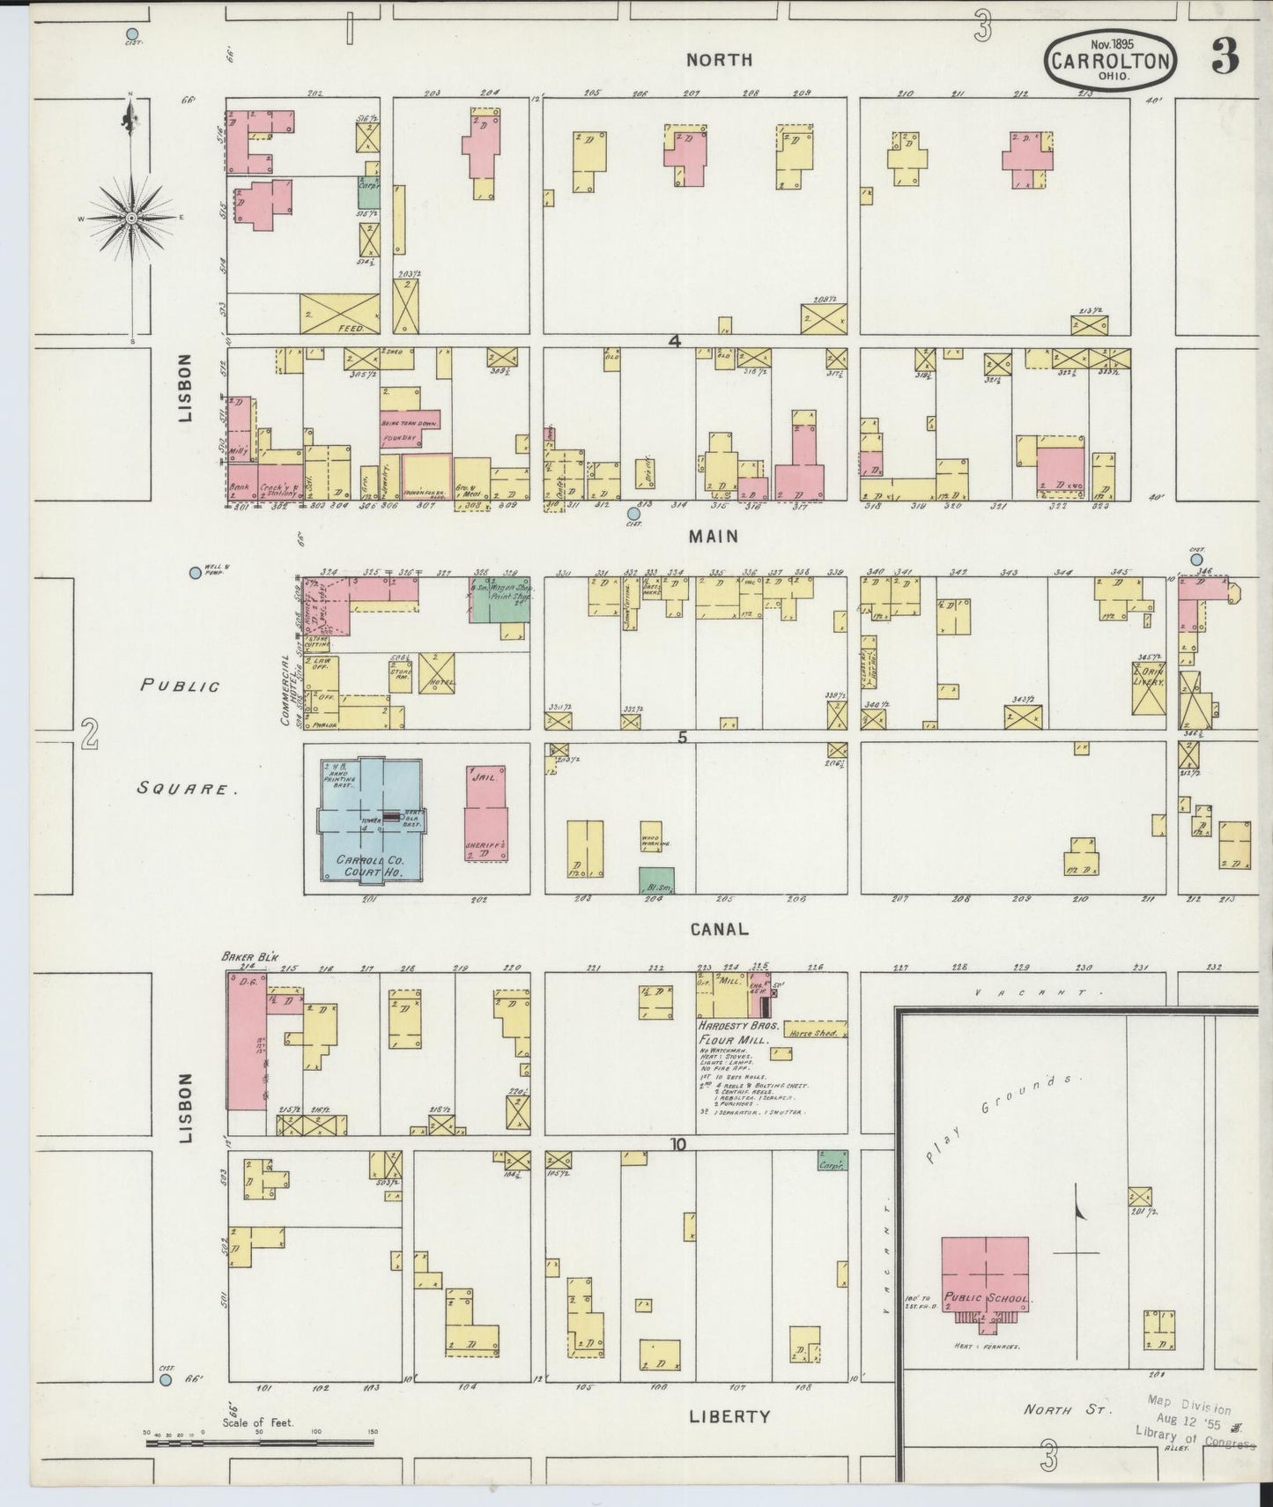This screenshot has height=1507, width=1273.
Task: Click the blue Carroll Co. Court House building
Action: [370, 820]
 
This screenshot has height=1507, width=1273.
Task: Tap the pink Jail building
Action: [485, 811]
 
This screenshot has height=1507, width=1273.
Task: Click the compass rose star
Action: [131, 217]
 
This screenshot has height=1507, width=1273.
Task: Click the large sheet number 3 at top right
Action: [1225, 57]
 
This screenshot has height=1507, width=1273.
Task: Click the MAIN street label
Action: [714, 535]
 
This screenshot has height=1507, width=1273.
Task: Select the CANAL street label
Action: [719, 929]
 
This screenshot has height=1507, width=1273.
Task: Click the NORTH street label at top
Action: [719, 60]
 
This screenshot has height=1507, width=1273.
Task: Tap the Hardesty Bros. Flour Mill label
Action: [736, 1033]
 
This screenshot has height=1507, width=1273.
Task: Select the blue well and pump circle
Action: [196, 573]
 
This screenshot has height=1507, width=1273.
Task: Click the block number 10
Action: [677, 1145]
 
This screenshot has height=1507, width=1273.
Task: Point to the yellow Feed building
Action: [339, 314]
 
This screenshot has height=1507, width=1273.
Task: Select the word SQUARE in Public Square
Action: [188, 789]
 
